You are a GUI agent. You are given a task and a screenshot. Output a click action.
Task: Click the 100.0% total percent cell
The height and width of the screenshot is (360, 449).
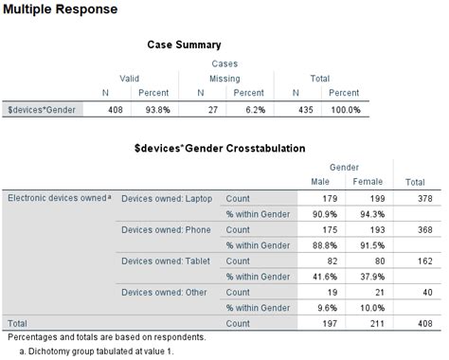click(342, 110)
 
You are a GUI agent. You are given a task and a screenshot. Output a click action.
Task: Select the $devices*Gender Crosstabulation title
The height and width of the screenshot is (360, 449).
click(219, 149)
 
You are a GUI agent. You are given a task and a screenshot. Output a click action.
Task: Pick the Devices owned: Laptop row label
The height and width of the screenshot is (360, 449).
click(167, 198)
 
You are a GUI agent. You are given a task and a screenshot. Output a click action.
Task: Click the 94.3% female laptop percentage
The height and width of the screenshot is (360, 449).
click(373, 214)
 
